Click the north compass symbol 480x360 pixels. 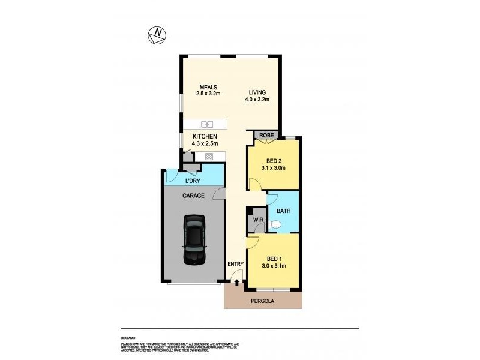(x=158, y=36)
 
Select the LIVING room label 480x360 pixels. (x=257, y=92)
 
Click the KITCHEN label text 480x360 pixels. (x=205, y=136)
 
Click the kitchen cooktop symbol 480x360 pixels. (x=209, y=157)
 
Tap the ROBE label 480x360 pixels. (x=266, y=136)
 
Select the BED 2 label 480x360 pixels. (x=273, y=160)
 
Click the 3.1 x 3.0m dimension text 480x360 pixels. (x=273, y=168)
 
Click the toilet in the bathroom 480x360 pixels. (x=274, y=224)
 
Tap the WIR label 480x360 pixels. (x=258, y=220)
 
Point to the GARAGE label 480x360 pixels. (x=194, y=196)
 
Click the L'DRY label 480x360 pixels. (x=192, y=181)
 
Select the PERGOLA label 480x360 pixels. (x=262, y=301)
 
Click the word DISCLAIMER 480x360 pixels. (x=128, y=338)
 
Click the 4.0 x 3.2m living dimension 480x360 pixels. (x=257, y=100)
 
